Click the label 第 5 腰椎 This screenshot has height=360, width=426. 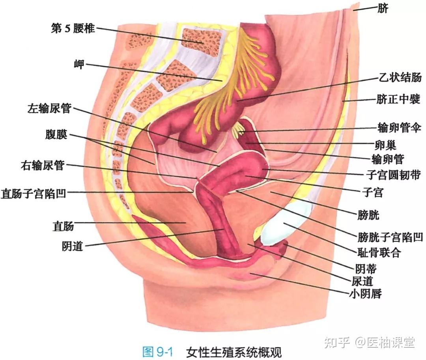tap(73, 28)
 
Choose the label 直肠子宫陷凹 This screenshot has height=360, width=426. tap(33, 194)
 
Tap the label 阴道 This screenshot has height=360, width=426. tap(72, 246)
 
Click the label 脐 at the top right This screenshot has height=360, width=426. tap(383, 8)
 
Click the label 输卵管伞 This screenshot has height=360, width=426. tap(400, 127)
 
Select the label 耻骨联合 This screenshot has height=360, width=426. tap(379, 252)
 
